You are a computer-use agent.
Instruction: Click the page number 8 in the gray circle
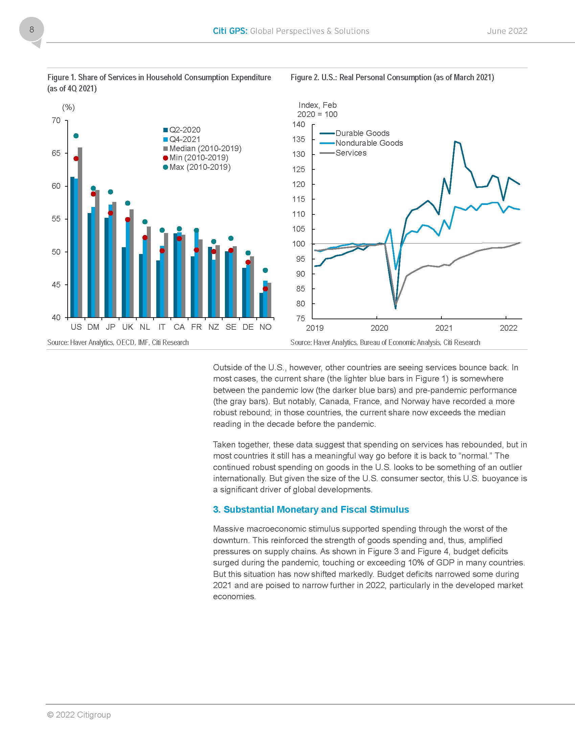(x=32, y=30)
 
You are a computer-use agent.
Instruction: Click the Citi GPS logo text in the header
(x=230, y=31)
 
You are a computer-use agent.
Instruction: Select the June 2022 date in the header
(x=507, y=31)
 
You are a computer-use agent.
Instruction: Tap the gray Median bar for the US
(x=80, y=232)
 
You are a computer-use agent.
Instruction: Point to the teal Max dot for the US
(x=76, y=136)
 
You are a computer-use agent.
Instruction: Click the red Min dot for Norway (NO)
(x=266, y=289)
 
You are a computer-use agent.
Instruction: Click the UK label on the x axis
(x=128, y=327)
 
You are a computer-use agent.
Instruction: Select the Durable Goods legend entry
(x=362, y=133)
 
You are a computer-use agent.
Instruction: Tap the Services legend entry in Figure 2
(x=350, y=153)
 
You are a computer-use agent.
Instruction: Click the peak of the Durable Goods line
(x=455, y=141)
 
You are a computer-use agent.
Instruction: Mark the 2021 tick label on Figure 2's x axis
(x=443, y=328)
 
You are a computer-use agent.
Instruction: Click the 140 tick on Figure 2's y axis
(x=298, y=124)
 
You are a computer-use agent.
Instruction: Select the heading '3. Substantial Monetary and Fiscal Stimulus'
(x=310, y=509)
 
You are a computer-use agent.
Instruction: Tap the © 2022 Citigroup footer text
(x=79, y=715)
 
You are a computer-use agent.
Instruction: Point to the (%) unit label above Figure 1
(x=68, y=108)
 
